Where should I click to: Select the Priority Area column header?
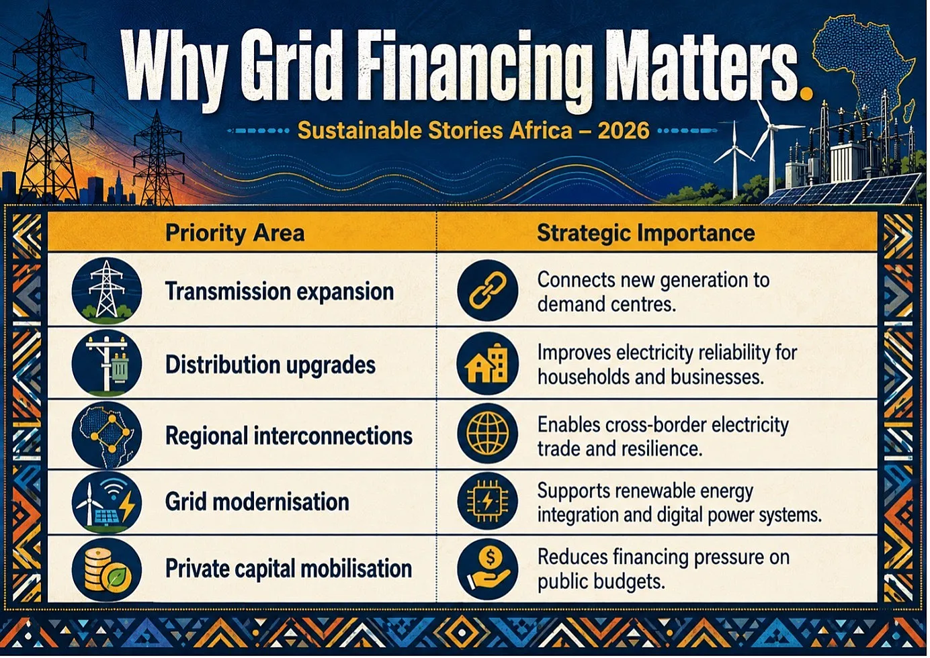235,233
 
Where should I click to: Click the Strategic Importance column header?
646,233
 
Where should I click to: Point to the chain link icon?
488,291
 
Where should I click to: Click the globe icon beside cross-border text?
488,434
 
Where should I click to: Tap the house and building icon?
488,363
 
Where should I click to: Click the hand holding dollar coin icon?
488,569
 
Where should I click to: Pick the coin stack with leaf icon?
107,569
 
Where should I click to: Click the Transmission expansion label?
280,291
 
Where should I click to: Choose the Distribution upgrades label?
270,365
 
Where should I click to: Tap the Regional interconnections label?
289,436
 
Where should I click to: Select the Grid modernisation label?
257,502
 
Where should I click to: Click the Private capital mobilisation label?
288,569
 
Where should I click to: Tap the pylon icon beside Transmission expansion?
107,291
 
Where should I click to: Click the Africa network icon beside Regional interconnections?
107,435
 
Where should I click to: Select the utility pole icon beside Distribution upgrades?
107,363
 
